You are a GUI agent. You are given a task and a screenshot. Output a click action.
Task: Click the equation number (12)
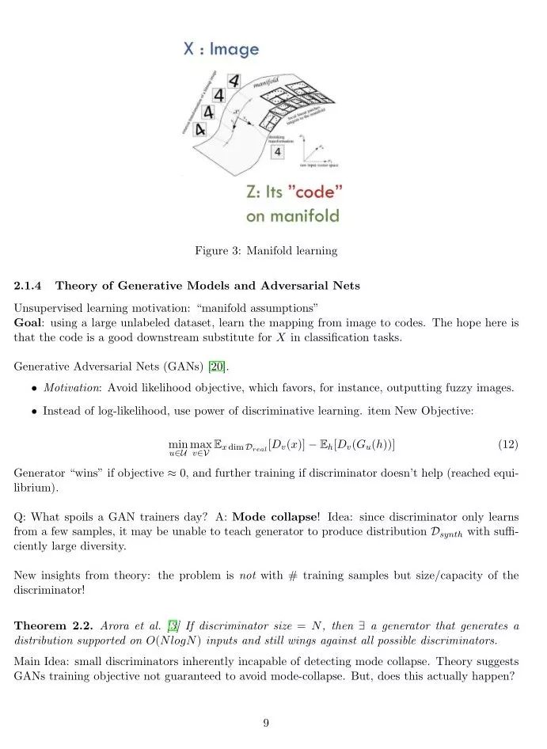coord(507,444)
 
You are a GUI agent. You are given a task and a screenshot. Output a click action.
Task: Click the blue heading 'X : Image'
coord(221,49)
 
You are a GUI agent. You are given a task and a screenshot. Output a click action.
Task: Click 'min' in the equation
coord(178,444)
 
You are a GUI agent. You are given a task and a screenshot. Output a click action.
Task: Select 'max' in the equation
coord(201,444)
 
